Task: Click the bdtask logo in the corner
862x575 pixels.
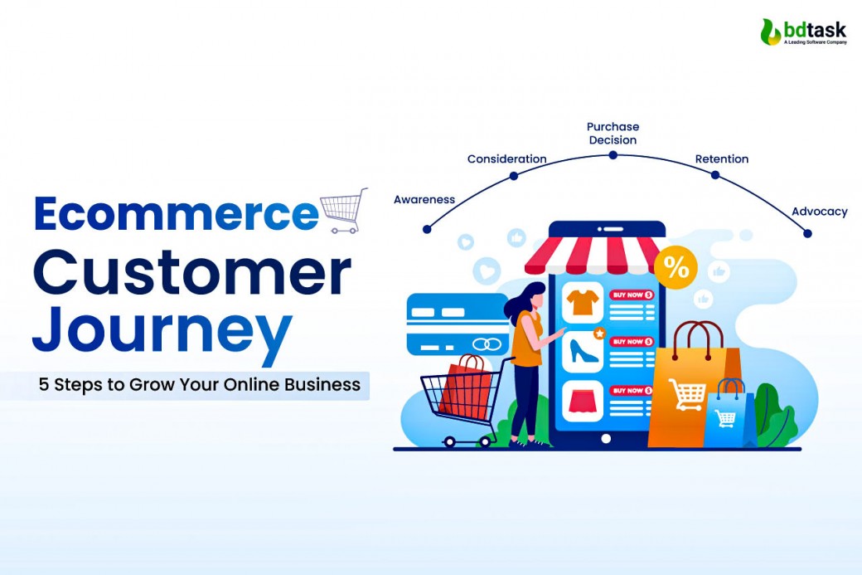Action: click(x=803, y=31)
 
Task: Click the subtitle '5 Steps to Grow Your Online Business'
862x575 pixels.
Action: click(x=200, y=385)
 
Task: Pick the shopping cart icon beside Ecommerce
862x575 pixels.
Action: click(x=343, y=208)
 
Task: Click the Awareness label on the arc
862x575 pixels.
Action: click(x=424, y=199)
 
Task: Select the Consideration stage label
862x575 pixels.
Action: click(x=506, y=158)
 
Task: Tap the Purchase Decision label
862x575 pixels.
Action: click(x=613, y=133)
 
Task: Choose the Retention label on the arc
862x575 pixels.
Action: click(x=721, y=158)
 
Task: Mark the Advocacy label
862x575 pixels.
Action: click(x=819, y=212)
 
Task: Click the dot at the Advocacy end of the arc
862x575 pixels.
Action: click(x=807, y=233)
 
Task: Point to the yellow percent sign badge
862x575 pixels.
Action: click(x=676, y=267)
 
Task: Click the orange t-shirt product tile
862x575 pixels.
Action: click(x=583, y=302)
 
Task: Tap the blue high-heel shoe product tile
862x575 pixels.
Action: click(x=583, y=351)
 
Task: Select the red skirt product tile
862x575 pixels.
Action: click(x=583, y=400)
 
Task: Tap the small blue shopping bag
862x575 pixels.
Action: click(x=729, y=415)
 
